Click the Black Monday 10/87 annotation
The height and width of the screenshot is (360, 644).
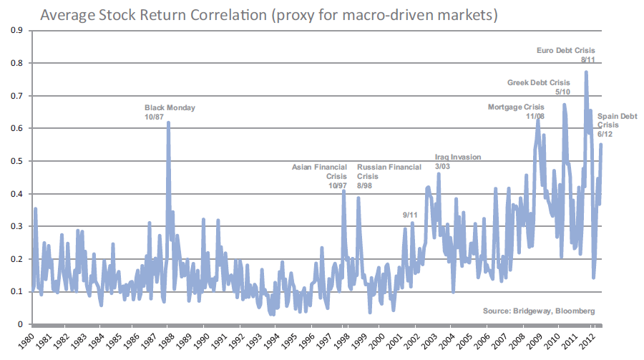[x=170, y=112]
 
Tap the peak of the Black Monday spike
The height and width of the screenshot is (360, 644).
[x=169, y=123]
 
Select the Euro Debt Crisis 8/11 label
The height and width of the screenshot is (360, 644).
[x=565, y=55]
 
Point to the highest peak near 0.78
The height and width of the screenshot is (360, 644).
[x=586, y=72]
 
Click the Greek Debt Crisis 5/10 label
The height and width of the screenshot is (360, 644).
[x=539, y=87]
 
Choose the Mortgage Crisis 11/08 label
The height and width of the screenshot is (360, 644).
[x=516, y=112]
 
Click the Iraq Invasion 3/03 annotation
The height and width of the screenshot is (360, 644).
[x=458, y=162]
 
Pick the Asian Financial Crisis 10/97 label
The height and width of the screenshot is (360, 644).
[x=319, y=176]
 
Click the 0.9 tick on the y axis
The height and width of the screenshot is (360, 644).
[x=16, y=30]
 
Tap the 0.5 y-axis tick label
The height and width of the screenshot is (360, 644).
[x=16, y=161]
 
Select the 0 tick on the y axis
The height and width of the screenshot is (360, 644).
[x=19, y=324]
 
